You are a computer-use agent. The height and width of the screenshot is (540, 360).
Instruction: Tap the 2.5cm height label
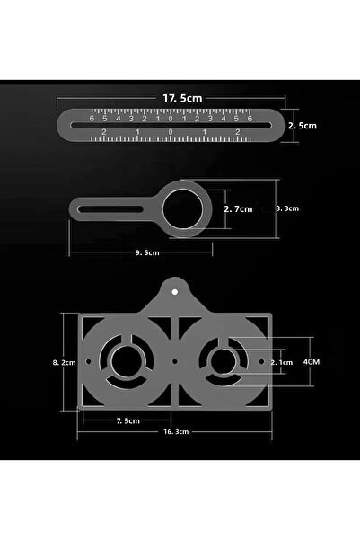click(x=303, y=127)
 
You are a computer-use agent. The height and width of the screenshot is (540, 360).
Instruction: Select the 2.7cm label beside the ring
click(x=238, y=208)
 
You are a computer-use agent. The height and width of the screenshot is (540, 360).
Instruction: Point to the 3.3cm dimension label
click(x=288, y=208)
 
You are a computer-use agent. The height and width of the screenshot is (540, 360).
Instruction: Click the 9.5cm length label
click(x=148, y=253)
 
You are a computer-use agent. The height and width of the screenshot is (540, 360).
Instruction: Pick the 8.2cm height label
click(x=64, y=362)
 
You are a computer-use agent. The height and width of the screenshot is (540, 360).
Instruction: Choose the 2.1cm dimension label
click(x=281, y=362)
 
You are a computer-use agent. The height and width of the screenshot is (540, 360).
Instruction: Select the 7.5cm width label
click(x=127, y=420)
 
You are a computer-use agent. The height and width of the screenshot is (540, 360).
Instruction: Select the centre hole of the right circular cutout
click(x=220, y=362)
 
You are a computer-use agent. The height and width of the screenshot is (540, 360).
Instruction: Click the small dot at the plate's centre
click(x=174, y=362)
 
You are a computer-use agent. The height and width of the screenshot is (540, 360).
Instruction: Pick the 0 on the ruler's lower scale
click(x=171, y=133)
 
